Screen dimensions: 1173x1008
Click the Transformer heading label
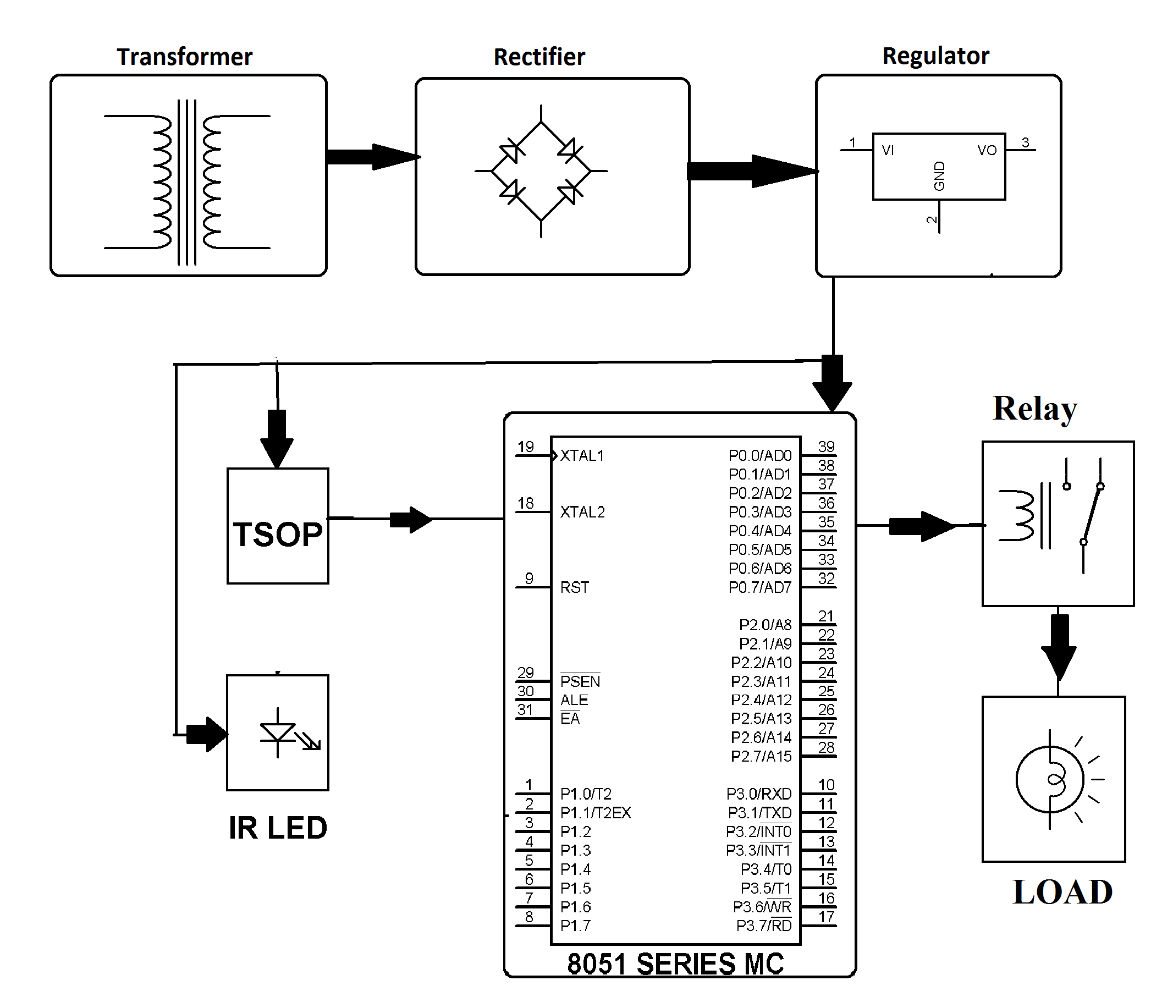click(185, 57)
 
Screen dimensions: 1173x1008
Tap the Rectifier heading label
click(539, 57)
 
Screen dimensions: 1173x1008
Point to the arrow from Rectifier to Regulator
click(753, 170)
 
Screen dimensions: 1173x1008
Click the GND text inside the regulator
click(939, 176)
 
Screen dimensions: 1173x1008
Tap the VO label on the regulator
click(987, 151)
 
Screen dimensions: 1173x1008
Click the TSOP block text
click(277, 535)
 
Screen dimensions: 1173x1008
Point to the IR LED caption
click(278, 828)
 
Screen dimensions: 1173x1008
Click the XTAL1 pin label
click(582, 456)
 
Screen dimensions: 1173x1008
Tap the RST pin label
click(575, 587)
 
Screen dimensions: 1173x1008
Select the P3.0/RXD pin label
click(758, 794)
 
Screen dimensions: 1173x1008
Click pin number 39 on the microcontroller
click(826, 447)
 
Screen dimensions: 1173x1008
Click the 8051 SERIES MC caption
click(675, 964)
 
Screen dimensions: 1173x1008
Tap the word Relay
click(1035, 409)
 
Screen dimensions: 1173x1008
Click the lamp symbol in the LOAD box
click(1056, 779)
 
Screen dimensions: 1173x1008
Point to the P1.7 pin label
click(575, 926)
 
